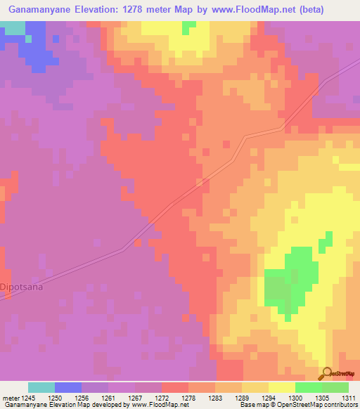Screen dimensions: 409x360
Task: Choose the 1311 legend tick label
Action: pos(348,397)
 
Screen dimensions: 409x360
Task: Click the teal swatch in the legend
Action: pos(41,387)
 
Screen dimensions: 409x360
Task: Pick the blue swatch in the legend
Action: pos(68,387)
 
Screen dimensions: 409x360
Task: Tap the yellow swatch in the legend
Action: pos(282,387)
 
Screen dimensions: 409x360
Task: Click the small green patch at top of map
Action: pos(188,27)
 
